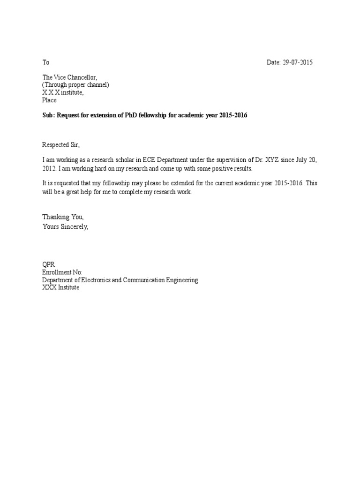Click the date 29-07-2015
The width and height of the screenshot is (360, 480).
tap(298, 62)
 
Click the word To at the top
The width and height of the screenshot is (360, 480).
tap(45, 62)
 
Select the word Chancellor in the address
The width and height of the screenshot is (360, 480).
tap(82, 77)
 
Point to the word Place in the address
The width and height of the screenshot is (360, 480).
tap(49, 100)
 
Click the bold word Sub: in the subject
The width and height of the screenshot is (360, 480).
tap(48, 115)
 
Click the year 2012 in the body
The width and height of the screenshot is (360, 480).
tap(49, 168)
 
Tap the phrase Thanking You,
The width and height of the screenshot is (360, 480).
tap(63, 217)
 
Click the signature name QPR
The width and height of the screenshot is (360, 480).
tap(49, 265)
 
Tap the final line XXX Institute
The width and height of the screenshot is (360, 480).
tap(60, 287)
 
